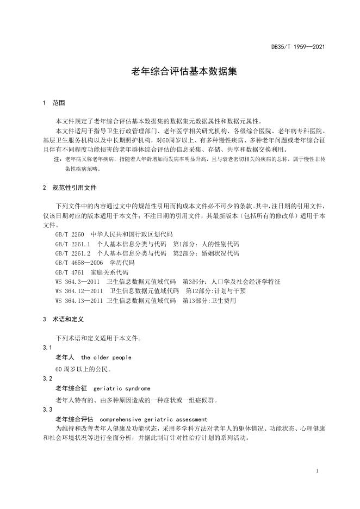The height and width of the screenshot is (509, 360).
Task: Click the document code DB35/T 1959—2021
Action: pos(298,47)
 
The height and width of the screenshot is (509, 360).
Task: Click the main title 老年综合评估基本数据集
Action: pos(179,71)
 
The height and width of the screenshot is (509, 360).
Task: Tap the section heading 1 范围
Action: pos(54,103)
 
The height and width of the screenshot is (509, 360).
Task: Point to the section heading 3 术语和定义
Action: pos(63,320)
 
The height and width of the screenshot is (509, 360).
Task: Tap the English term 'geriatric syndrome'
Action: pos(122,389)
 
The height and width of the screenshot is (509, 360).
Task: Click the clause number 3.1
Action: pos(47,347)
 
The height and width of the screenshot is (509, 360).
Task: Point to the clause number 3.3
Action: pos(47,409)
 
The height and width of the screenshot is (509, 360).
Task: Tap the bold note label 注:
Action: pos(57,159)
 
